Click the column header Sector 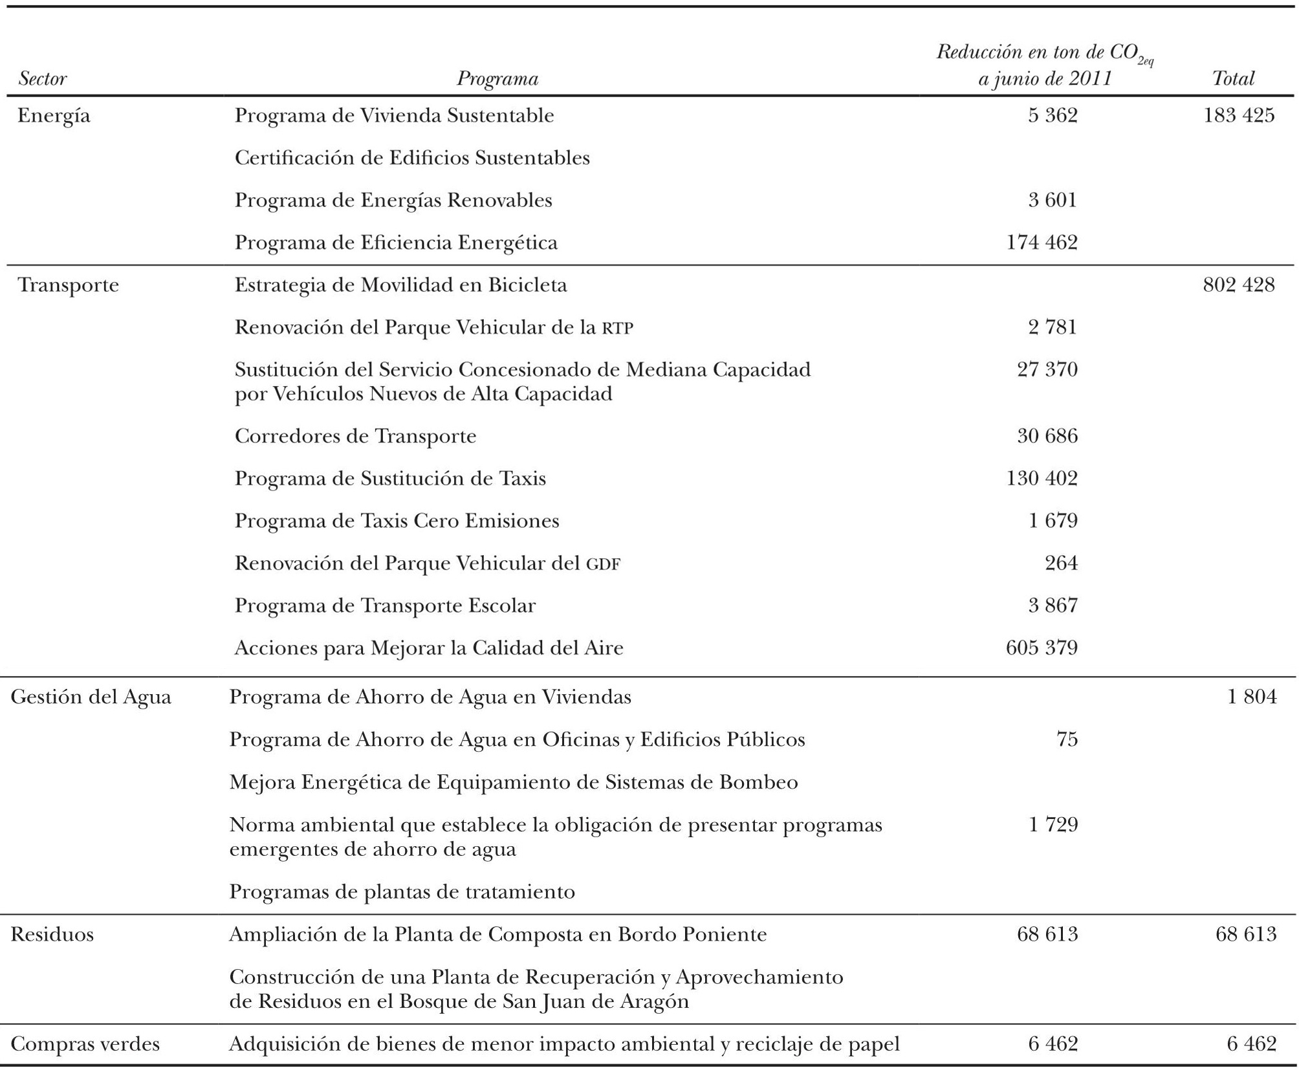pyautogui.click(x=43, y=79)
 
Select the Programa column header pyautogui.click(x=497, y=79)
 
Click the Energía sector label pyautogui.click(x=54, y=116)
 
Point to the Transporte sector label pyautogui.click(x=68, y=285)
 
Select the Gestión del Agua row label pyautogui.click(x=91, y=697)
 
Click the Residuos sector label pyautogui.click(x=52, y=935)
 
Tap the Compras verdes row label pyautogui.click(x=85, y=1044)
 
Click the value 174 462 pyautogui.click(x=1042, y=243)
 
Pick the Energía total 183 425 pyautogui.click(x=1239, y=116)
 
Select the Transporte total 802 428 pyautogui.click(x=1239, y=285)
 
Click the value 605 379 pyautogui.click(x=1042, y=648)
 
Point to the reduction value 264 pyautogui.click(x=1061, y=563)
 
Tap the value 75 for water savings pyautogui.click(x=1067, y=739)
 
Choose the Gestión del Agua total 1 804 pyautogui.click(x=1252, y=697)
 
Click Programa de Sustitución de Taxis pyautogui.click(x=390, y=479)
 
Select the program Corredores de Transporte pyautogui.click(x=355, y=437)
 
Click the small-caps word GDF pyautogui.click(x=603, y=565)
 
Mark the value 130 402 pyautogui.click(x=1042, y=479)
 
